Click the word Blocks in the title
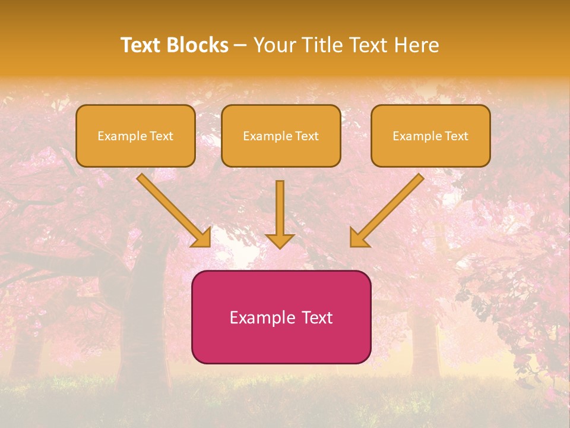tap(197, 45)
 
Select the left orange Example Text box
tap(135, 136)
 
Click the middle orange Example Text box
tap(281, 136)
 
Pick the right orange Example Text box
tap(430, 136)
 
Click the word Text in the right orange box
tap(457, 136)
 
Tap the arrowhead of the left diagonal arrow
tap(202, 238)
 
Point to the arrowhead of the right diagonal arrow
tap(358, 238)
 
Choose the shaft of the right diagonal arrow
tap(392, 204)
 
